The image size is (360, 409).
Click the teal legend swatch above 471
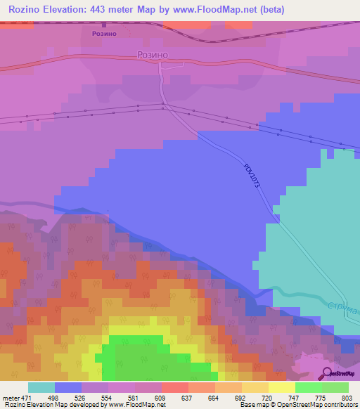(41, 387)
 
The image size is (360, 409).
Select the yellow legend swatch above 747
(281, 387)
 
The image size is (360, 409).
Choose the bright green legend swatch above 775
(308, 387)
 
